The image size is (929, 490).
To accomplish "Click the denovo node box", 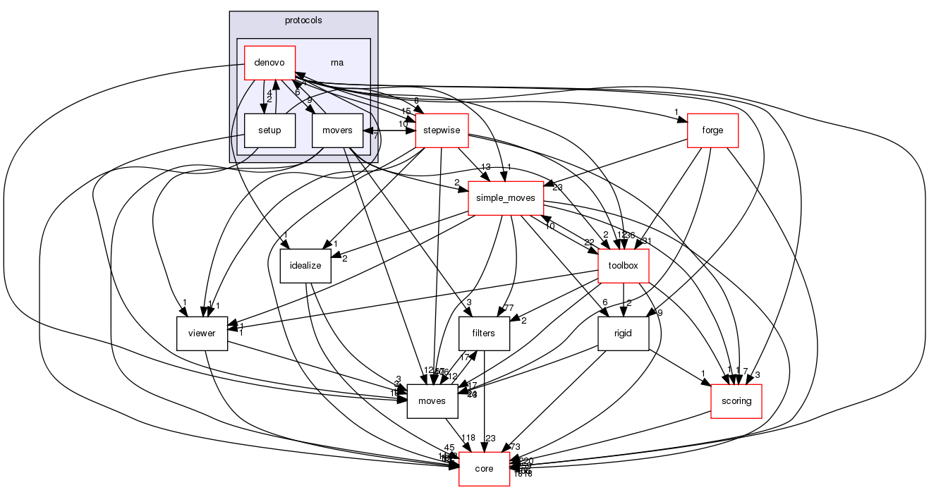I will [x=269, y=63].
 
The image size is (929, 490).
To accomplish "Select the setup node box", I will [x=269, y=130].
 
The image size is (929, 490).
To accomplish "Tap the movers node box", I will [x=338, y=130].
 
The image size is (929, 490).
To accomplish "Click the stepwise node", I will [x=442, y=130].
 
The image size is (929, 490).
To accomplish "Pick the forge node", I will [x=712, y=130].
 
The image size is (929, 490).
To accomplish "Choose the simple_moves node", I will [x=505, y=198].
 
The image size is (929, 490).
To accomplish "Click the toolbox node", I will [x=623, y=266].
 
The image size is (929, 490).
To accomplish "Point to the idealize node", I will [x=305, y=266].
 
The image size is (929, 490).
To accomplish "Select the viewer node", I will [x=201, y=333].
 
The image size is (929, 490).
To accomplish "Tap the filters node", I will [x=484, y=333].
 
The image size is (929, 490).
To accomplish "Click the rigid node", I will [x=623, y=333].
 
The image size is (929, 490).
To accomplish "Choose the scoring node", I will [x=736, y=401].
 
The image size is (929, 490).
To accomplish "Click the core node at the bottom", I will [x=484, y=469].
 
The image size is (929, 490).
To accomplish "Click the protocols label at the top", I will [x=303, y=20].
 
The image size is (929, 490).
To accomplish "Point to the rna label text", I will [x=337, y=63].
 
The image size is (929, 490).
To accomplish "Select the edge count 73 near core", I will [x=514, y=447].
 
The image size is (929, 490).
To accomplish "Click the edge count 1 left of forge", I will [x=676, y=112].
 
